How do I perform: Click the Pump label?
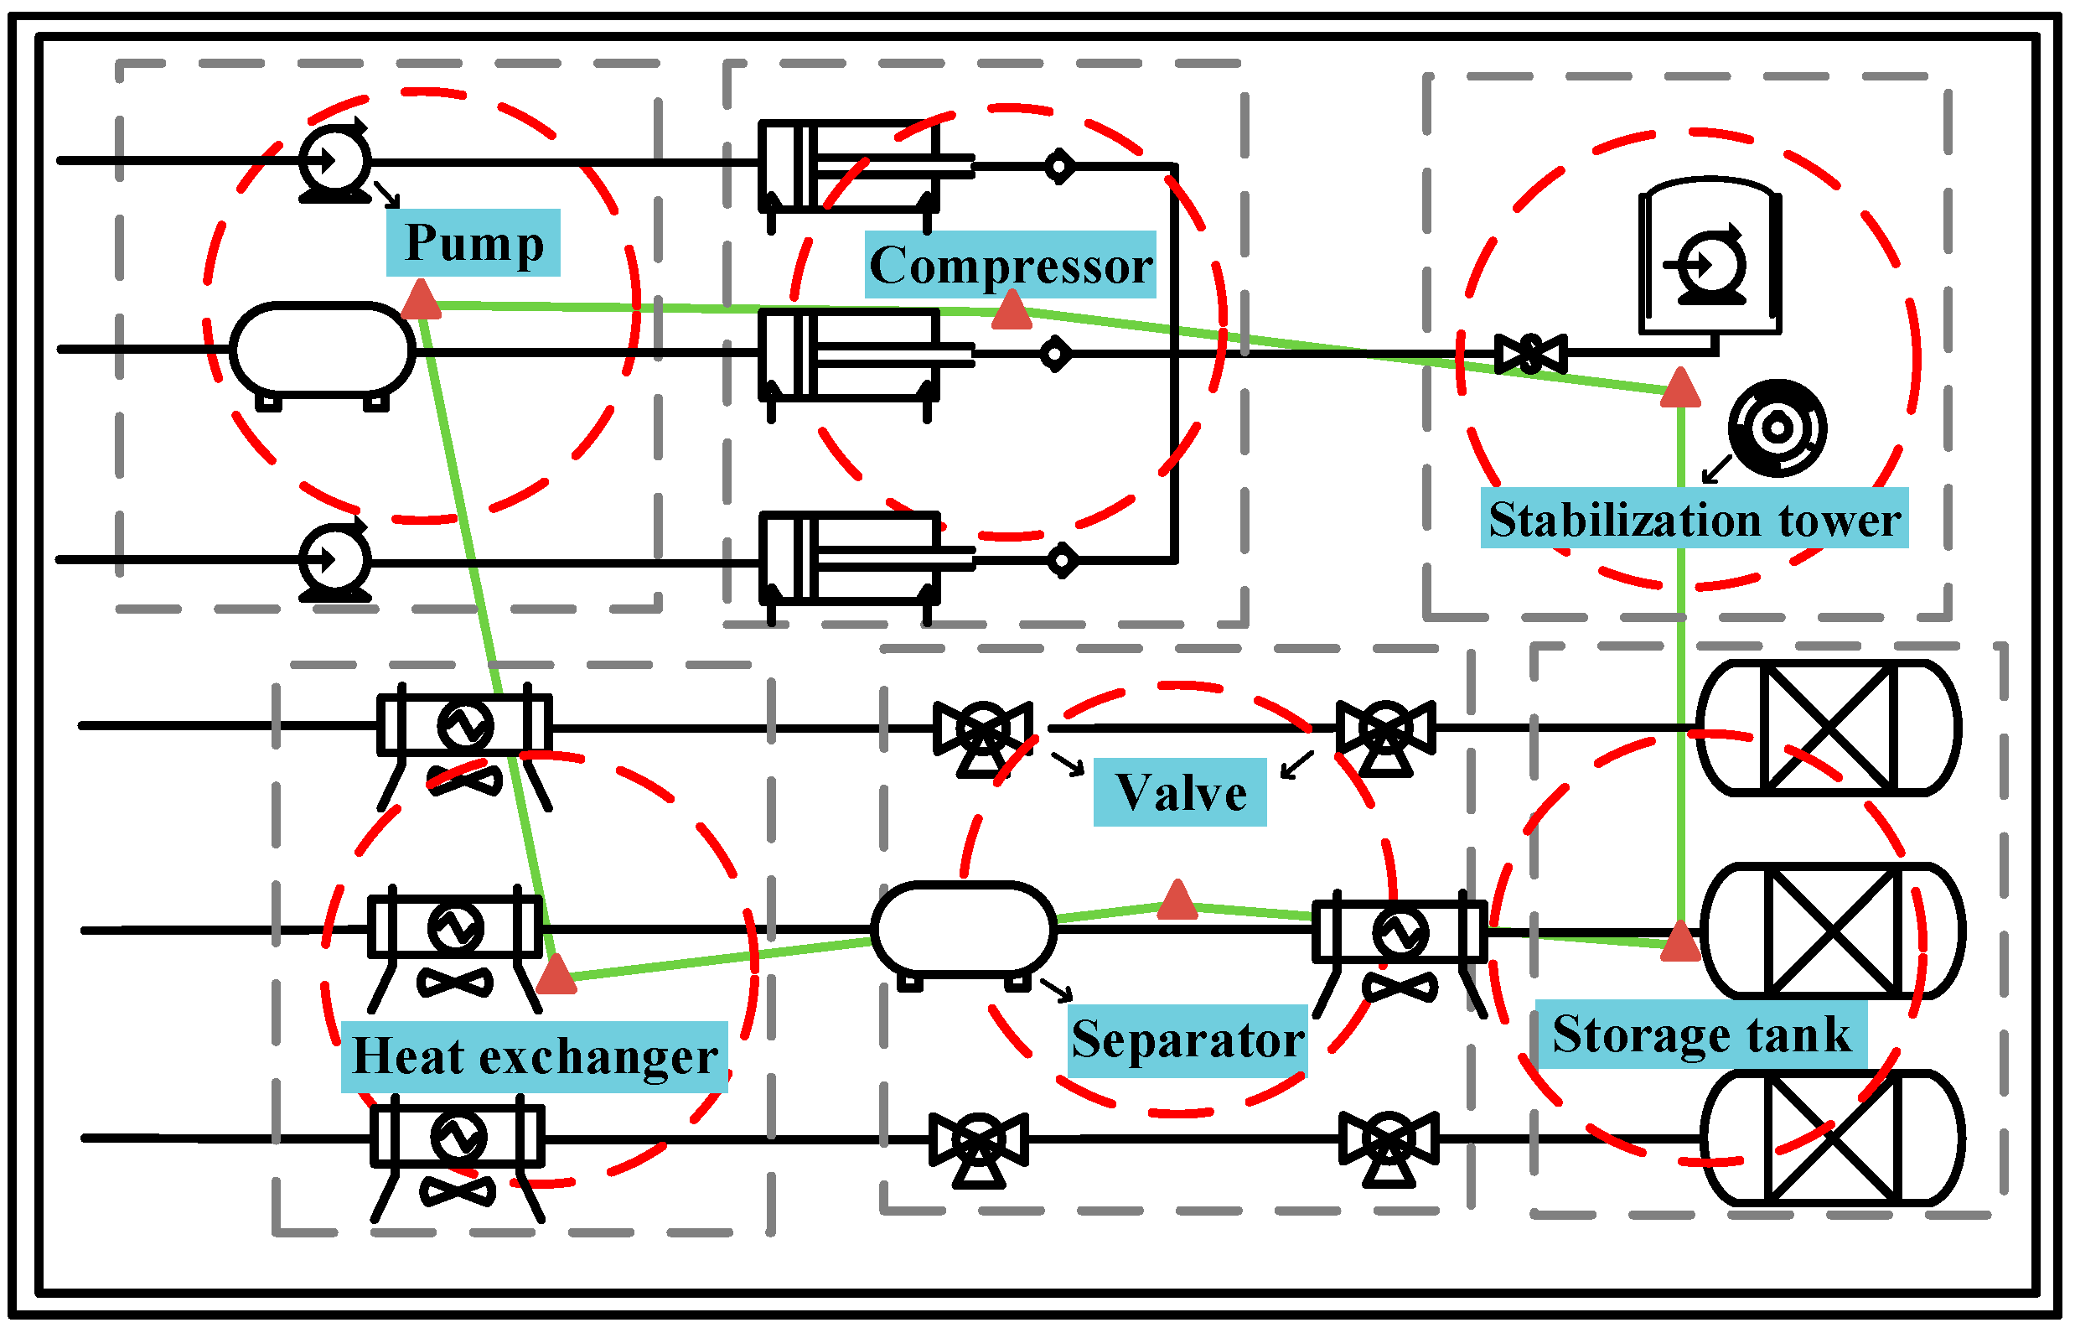click(x=473, y=243)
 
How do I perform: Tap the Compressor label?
click(x=1010, y=265)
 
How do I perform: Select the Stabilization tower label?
click(x=1694, y=519)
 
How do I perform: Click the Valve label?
click(x=1179, y=793)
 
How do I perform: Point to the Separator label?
click(x=1188, y=1040)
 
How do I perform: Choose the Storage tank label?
click(x=1700, y=1035)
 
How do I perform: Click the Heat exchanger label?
click(x=534, y=1057)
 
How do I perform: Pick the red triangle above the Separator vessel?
click(x=1177, y=901)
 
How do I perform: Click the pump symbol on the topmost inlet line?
click(x=336, y=161)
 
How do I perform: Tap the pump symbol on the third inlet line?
click(x=336, y=561)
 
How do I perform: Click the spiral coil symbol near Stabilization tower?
click(x=1777, y=428)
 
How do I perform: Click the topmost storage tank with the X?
click(x=1829, y=728)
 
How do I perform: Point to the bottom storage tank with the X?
click(x=1832, y=1139)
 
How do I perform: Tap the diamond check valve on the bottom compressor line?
click(x=1062, y=561)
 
